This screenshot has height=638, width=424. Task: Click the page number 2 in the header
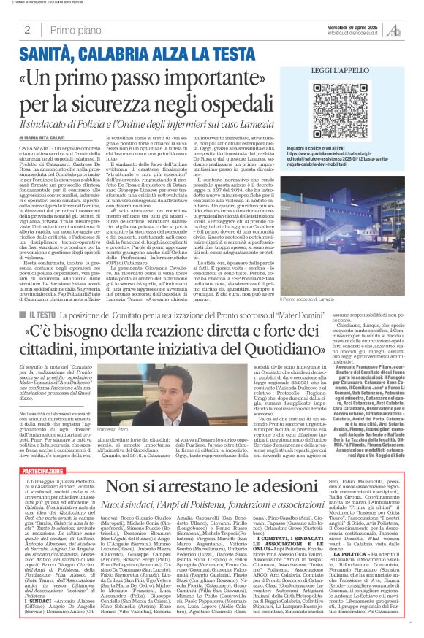[x=27, y=30]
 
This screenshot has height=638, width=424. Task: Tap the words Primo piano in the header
[x=74, y=30]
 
